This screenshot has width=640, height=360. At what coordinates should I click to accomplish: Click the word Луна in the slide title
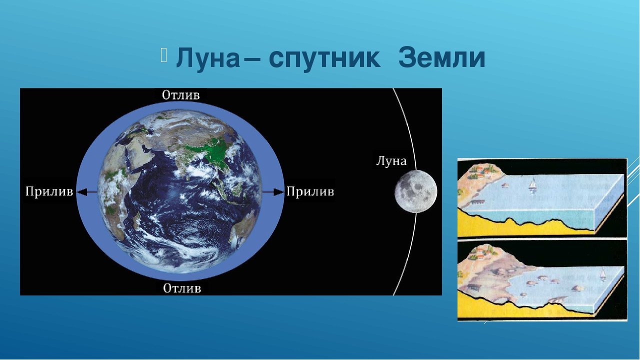click(x=208, y=58)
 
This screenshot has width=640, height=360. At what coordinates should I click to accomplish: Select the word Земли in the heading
click(x=441, y=58)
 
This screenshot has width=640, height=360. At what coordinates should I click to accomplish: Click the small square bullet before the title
click(x=163, y=55)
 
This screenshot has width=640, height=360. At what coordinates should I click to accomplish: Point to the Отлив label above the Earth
click(x=181, y=95)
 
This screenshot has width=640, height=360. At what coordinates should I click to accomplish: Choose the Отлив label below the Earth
click(x=182, y=288)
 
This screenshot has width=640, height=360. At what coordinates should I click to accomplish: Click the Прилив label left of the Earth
click(x=49, y=192)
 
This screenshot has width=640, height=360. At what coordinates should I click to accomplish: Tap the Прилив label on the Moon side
click(x=310, y=192)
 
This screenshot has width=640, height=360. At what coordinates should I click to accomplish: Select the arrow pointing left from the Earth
click(x=87, y=192)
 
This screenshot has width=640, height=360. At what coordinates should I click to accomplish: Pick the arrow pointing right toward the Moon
click(x=273, y=192)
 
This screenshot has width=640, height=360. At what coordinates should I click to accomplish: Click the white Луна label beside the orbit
click(x=391, y=161)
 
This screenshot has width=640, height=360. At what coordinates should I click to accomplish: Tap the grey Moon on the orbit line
click(x=415, y=191)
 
